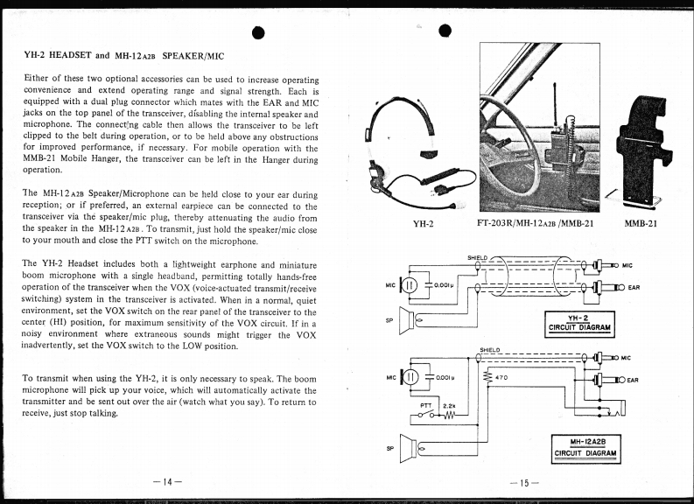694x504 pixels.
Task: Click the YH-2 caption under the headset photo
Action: [x=424, y=223]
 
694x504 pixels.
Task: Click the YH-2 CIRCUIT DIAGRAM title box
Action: [x=579, y=324]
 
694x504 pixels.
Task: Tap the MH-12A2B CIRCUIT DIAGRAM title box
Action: [x=587, y=447]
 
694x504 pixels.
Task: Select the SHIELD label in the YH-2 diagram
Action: [x=477, y=257]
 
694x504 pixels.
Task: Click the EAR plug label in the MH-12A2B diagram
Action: [x=634, y=381]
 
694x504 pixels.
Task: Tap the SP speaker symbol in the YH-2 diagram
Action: [x=405, y=321]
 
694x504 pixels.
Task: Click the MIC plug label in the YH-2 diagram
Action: [x=627, y=264]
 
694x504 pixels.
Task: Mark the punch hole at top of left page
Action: [x=258, y=33]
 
